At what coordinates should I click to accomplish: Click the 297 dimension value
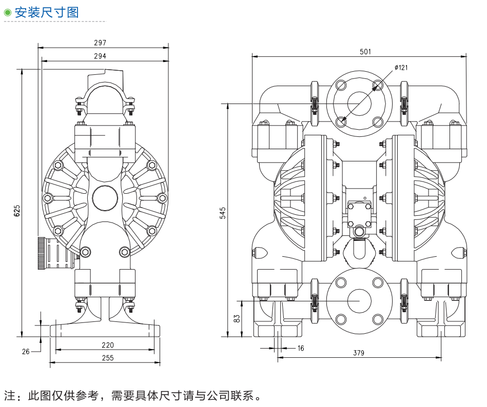pyautogui.click(x=100, y=43)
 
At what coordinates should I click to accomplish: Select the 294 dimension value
pyautogui.click(x=100, y=56)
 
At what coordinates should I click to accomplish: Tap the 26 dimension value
pyautogui.click(x=26, y=351)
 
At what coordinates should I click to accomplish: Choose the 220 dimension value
pyautogui.click(x=107, y=345)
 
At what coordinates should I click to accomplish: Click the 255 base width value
pyautogui.click(x=107, y=358)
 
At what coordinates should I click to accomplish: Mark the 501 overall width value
pyautogui.click(x=365, y=51)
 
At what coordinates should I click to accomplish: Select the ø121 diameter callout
pyautogui.click(x=401, y=67)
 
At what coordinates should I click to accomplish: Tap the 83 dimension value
pyautogui.click(x=237, y=318)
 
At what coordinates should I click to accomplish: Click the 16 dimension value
pyautogui.click(x=301, y=348)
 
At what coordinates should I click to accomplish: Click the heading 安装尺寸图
pyautogui.click(x=47, y=12)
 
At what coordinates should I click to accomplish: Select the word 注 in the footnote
pyautogui.click(x=10, y=396)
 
